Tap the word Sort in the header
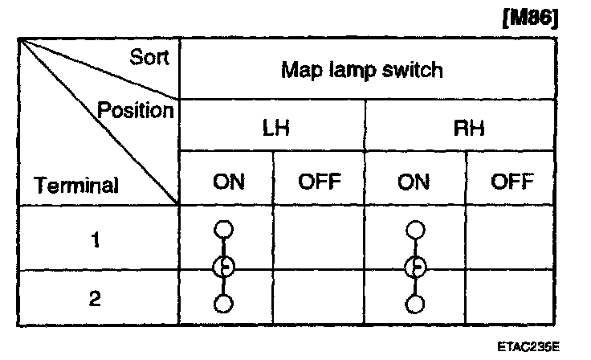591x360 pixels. (149, 58)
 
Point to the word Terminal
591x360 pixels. (76, 186)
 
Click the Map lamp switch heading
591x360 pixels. (361, 70)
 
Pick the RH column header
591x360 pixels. (460, 127)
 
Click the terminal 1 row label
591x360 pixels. (96, 239)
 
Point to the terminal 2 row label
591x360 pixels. (96, 299)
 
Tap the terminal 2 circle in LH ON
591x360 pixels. (224, 305)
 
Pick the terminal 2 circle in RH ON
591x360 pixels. (414, 305)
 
